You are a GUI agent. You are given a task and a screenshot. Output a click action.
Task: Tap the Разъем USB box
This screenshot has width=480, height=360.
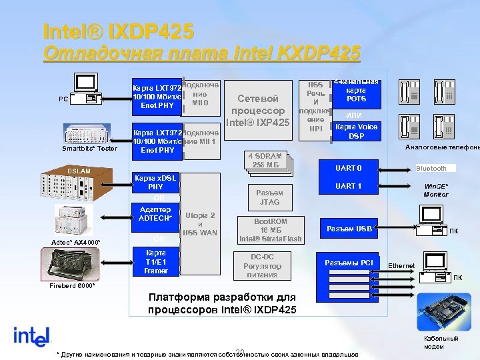point(349,229)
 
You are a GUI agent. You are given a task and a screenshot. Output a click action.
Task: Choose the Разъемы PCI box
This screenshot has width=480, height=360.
point(349,262)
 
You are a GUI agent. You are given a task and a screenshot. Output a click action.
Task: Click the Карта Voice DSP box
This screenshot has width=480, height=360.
point(357,131)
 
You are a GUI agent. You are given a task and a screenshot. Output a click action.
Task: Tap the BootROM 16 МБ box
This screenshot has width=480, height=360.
point(271,229)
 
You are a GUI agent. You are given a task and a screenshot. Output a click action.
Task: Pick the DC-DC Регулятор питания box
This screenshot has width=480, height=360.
point(266,265)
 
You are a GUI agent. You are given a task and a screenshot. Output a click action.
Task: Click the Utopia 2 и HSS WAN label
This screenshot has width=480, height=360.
point(200,224)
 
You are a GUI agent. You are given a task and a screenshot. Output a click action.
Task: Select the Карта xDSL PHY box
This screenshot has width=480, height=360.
point(155,182)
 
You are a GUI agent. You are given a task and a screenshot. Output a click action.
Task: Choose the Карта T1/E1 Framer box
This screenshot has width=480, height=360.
point(155,262)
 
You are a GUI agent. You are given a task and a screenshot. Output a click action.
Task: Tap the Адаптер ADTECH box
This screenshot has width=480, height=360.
point(155,214)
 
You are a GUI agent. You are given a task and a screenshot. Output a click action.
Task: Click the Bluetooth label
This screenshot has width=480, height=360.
point(431,168)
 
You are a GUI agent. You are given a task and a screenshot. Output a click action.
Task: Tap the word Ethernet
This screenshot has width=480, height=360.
point(401,266)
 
